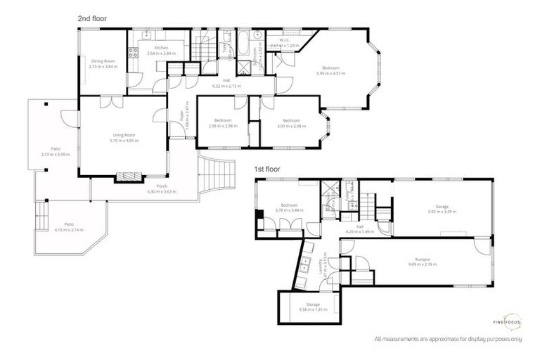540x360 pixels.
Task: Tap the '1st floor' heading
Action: coord(269,169)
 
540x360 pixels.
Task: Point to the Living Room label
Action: coord(124,135)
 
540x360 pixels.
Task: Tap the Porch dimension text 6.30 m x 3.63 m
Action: coord(162,191)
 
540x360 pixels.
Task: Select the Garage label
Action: coord(442,206)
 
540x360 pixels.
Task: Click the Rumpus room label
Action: coord(422,259)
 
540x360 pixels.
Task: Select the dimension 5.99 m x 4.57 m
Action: coord(331,74)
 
